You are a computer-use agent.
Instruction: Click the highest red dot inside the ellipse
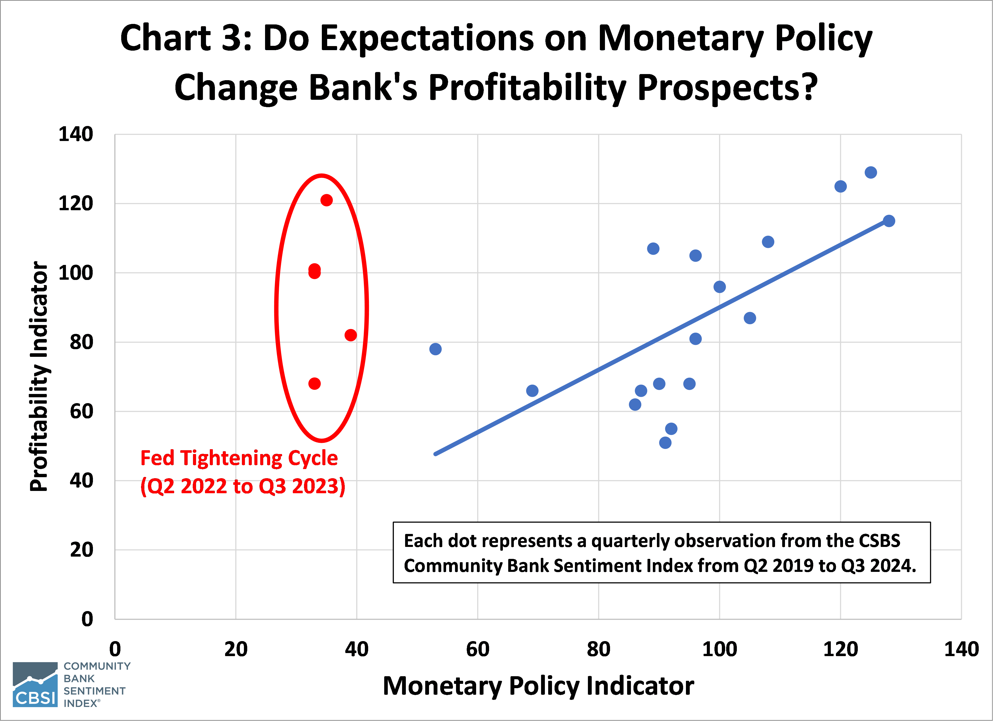[x=326, y=200]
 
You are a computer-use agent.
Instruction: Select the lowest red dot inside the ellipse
[x=314, y=384]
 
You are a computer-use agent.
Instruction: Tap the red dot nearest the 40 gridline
[x=350, y=335]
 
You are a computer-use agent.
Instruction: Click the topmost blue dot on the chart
[x=871, y=173]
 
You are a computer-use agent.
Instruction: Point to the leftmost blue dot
[x=435, y=349]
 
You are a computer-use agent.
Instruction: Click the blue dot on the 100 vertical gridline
[x=719, y=287]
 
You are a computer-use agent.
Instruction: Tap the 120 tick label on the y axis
[x=76, y=204]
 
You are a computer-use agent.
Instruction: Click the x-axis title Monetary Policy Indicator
[x=538, y=686]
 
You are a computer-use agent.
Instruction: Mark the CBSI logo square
[x=35, y=684]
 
